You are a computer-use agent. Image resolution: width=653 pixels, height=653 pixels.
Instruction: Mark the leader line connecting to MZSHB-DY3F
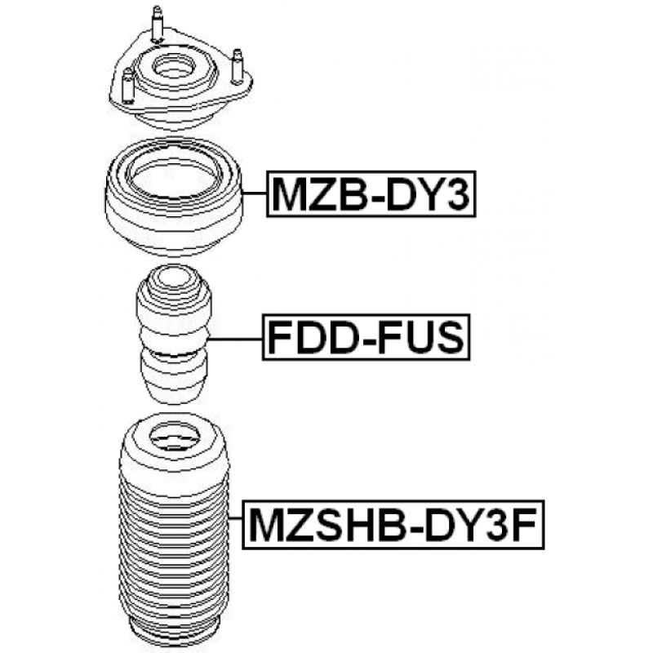point(235,525)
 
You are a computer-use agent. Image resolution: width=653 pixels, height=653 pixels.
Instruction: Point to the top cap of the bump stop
point(172,282)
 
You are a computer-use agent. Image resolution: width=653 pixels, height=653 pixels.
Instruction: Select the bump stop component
point(173,335)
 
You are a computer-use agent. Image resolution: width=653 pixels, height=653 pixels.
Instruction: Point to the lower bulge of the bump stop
point(174,380)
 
